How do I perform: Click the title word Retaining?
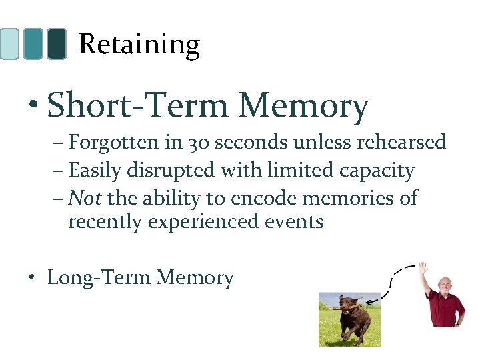tap(139, 45)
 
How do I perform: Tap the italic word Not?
tap(84, 198)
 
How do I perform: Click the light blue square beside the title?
tap(9, 44)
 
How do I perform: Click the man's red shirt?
tap(445, 309)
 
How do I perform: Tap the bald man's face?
tap(444, 285)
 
